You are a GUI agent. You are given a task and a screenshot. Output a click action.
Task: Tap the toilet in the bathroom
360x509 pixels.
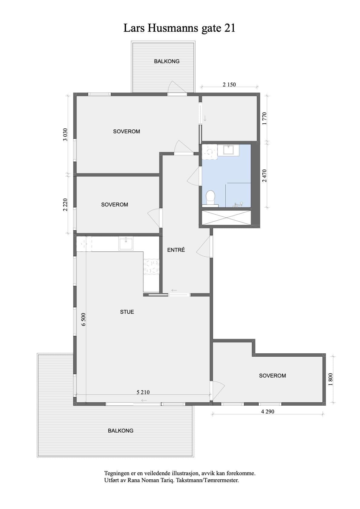[210, 199]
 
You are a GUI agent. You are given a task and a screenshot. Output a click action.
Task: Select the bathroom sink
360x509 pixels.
[228, 150]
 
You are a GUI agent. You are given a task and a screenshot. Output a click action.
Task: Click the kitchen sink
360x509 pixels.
[126, 243]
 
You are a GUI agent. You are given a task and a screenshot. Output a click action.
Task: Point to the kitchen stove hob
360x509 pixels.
[151, 267]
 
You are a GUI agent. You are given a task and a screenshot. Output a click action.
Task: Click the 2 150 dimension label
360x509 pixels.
[229, 85]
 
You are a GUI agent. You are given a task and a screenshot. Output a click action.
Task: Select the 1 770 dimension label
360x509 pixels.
[264, 118]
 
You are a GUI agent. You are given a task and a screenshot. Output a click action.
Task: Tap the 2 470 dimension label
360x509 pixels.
[264, 176]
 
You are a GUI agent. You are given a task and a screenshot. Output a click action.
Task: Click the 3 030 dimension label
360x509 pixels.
[65, 135]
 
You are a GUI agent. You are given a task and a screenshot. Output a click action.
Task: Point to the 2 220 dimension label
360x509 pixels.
[65, 205]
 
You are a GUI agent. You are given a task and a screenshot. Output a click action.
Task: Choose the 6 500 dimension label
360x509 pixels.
[84, 319]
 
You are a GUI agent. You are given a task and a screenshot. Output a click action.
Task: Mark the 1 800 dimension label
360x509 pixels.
[331, 379]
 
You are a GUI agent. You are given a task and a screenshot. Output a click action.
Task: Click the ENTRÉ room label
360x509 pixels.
[176, 250]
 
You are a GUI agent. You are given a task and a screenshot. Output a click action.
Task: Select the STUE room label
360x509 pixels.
[127, 312]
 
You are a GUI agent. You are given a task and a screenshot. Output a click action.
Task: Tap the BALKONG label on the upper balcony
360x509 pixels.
[167, 61]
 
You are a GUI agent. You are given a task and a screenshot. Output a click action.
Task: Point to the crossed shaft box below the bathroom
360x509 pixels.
[227, 218]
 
